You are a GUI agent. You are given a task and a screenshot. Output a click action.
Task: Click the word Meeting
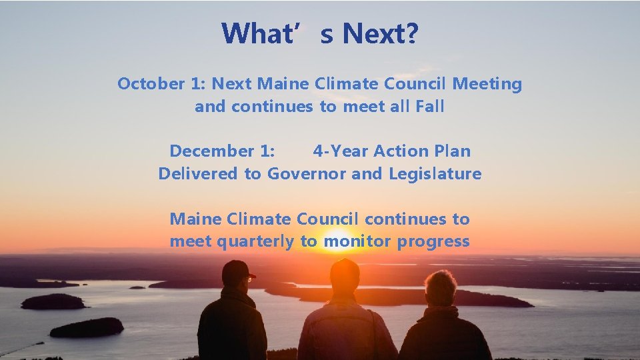click(x=487, y=84)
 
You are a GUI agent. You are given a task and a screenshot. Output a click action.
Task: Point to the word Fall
click(x=430, y=107)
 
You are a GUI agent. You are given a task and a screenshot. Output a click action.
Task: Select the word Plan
click(x=453, y=151)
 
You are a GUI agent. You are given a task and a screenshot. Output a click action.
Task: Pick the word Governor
click(x=307, y=174)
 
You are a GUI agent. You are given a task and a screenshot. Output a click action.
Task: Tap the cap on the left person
click(x=237, y=270)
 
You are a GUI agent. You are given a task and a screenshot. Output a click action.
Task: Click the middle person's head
click(x=344, y=275)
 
